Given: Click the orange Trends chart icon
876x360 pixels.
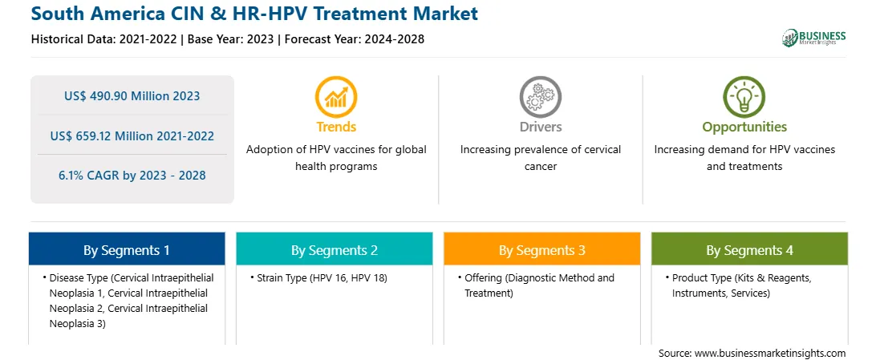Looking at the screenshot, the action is click(x=336, y=96).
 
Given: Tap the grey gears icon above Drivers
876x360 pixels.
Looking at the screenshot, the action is click(x=540, y=96).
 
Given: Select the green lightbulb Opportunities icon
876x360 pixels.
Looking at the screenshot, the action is click(x=744, y=96).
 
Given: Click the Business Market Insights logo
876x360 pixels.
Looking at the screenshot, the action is click(x=814, y=38).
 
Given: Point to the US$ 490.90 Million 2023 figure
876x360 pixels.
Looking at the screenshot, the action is click(x=132, y=95).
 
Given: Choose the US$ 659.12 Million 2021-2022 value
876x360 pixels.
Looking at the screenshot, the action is click(x=132, y=136).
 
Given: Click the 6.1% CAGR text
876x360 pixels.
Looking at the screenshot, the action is click(x=132, y=176).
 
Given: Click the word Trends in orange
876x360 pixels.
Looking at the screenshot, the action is click(x=336, y=127).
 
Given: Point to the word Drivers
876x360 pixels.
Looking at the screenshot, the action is click(x=541, y=127).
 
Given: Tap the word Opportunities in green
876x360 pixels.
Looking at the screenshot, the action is click(x=744, y=127).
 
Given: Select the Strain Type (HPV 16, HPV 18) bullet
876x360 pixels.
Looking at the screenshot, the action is click(x=321, y=278).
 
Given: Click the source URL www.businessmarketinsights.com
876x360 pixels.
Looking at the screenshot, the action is click(x=770, y=354).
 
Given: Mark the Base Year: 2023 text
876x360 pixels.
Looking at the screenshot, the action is click(x=231, y=39).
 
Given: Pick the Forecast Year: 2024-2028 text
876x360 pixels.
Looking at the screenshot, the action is click(x=355, y=39).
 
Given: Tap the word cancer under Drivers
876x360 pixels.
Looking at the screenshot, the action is click(x=541, y=166).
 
